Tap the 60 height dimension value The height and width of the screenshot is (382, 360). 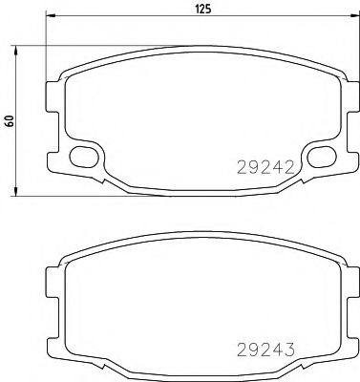point(10,120)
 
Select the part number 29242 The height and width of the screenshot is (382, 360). point(262,165)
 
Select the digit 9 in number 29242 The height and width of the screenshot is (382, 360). point(250,165)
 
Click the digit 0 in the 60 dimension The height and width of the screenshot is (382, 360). point(10,117)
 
